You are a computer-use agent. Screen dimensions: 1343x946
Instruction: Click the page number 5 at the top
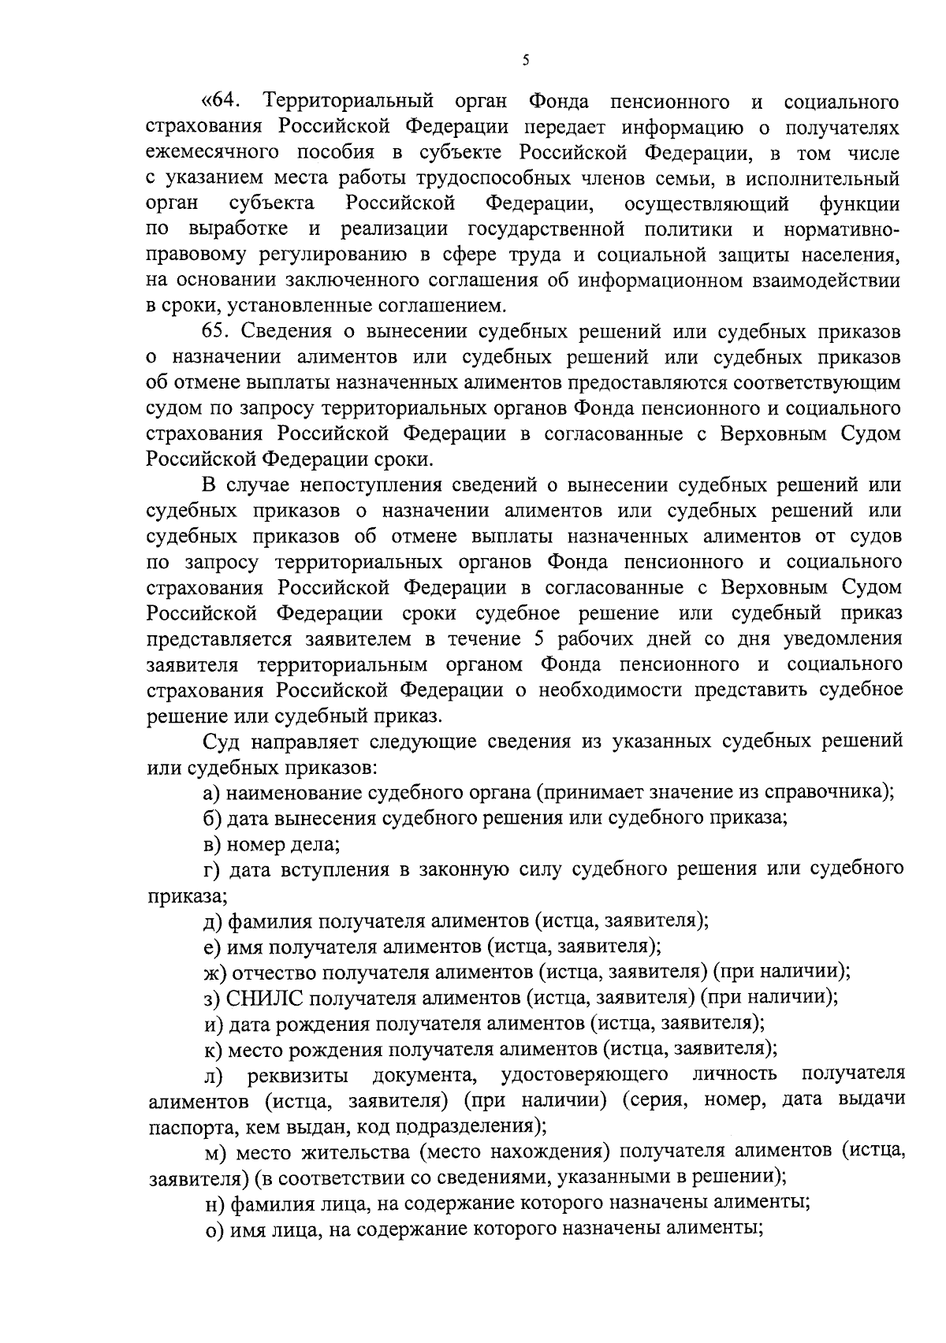coord(526,61)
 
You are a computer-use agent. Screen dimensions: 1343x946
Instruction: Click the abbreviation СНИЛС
coord(266,998)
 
